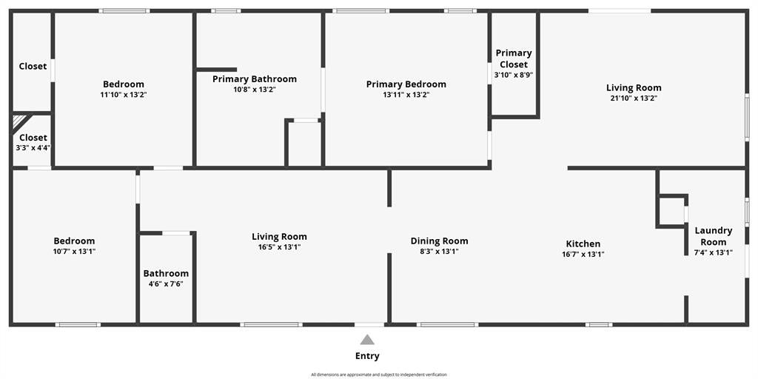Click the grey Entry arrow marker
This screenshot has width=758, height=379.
coord(367,339)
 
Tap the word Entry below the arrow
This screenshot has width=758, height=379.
coord(367,356)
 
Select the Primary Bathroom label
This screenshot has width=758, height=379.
coord(255,78)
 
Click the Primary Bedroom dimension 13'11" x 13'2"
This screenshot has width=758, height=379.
coord(406,95)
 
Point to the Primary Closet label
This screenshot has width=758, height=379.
coord(514,58)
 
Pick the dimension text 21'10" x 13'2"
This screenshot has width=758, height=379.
coord(634,98)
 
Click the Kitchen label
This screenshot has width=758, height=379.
coord(583,244)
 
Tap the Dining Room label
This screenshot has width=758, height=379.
coord(440,241)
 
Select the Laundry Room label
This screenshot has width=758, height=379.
coord(713,236)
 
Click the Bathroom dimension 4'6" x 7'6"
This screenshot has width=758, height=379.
coord(166,284)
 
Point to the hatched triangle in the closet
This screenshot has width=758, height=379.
coord(19,121)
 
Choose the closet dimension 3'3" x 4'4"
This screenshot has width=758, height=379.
coord(33,148)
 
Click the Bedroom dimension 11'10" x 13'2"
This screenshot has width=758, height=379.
coord(124,95)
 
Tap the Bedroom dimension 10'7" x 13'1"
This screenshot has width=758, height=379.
coord(74,252)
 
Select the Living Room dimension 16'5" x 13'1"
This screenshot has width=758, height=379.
coord(279,247)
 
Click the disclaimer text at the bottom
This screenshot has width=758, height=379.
coord(379,375)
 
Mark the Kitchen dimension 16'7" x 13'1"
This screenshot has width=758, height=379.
coord(583,255)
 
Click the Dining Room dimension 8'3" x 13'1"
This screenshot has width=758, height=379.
coord(440,252)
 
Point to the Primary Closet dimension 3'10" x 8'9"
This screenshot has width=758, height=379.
coord(514,76)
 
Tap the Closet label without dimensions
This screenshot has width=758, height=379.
coord(33,66)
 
